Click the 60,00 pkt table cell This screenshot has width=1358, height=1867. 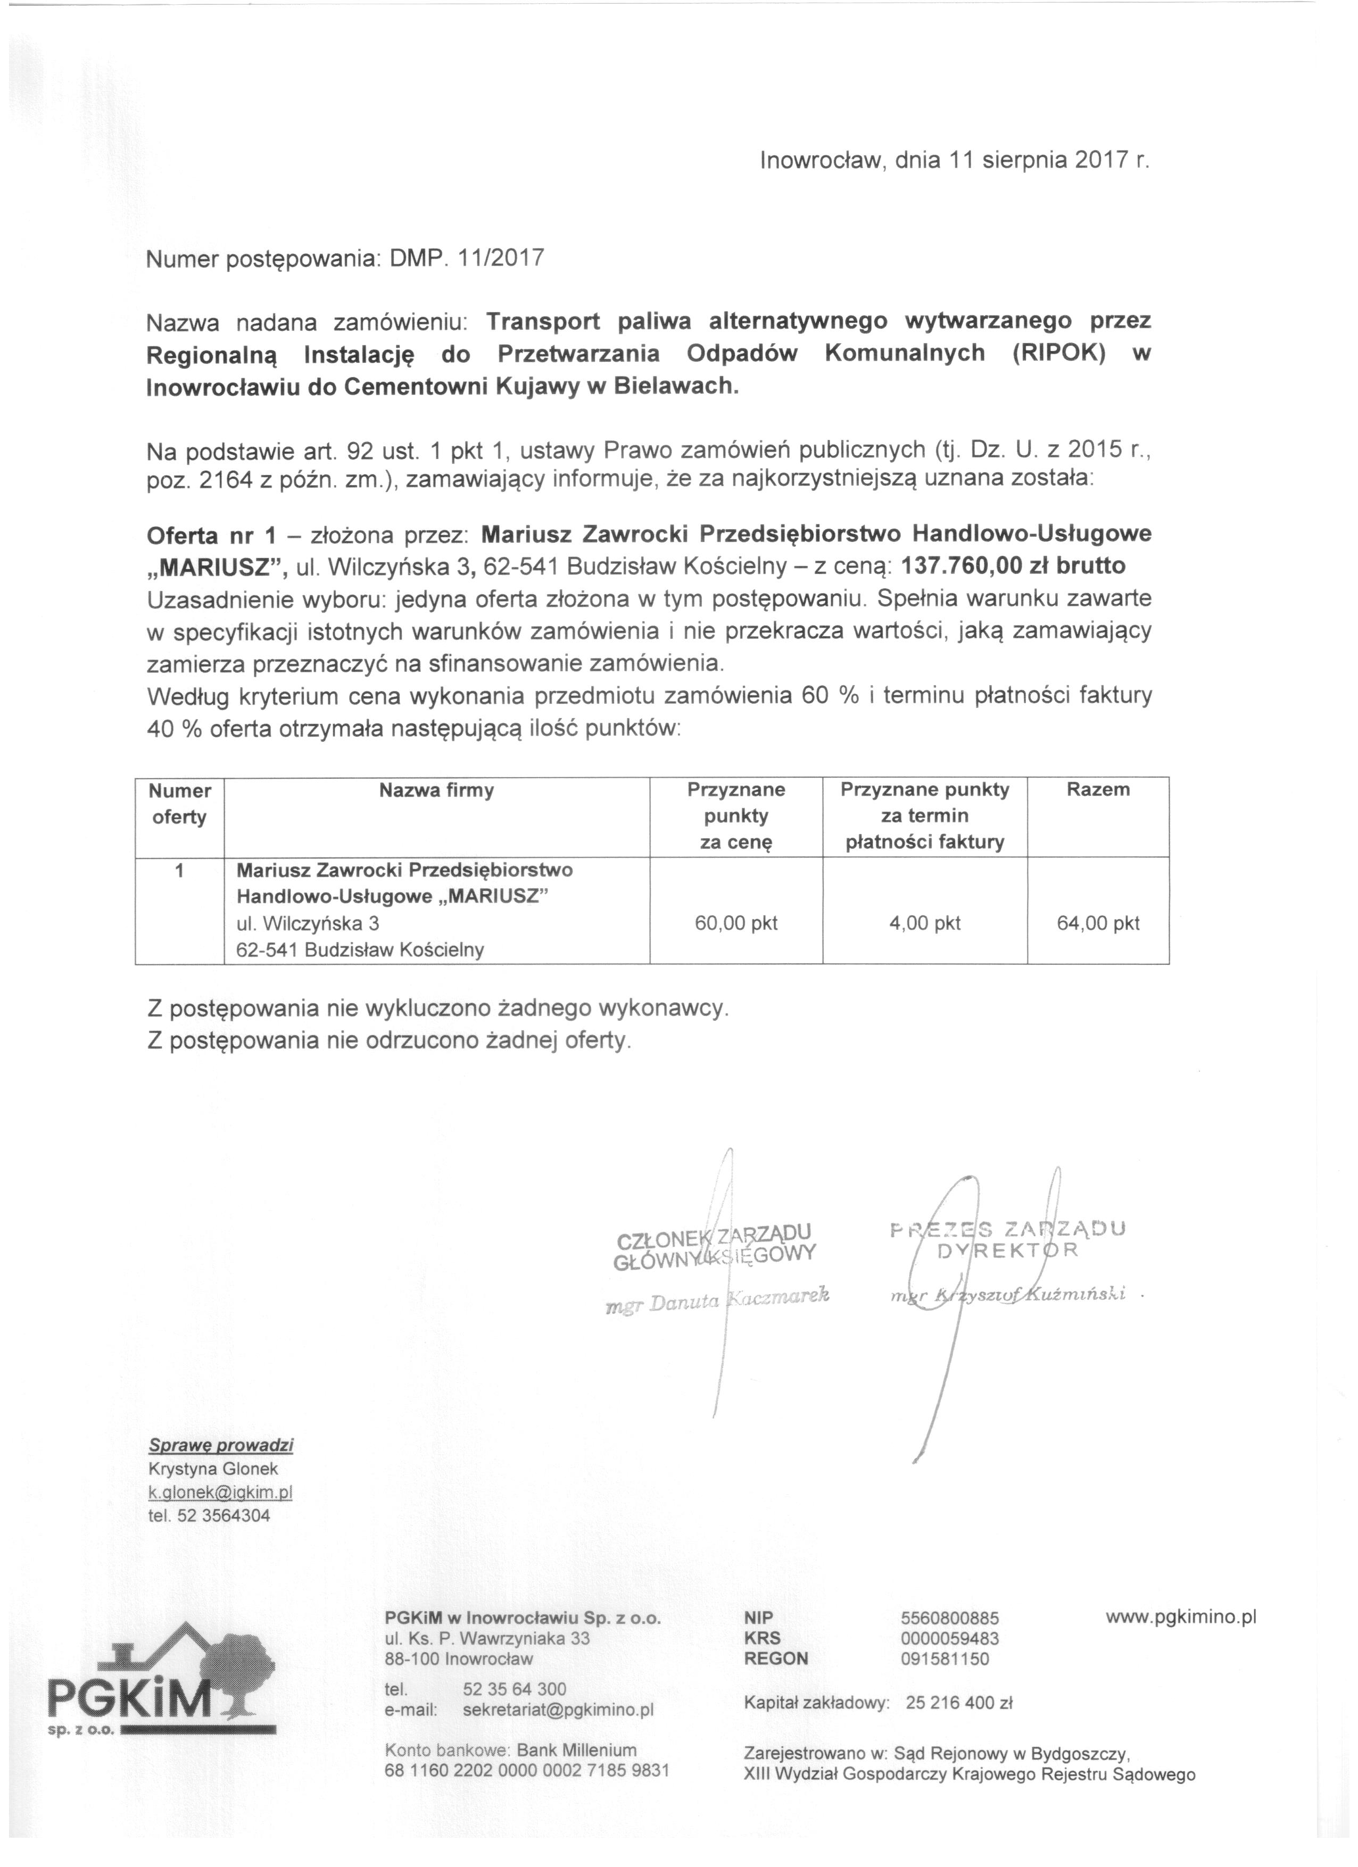coord(735,923)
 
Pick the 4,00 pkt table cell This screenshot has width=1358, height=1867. coord(924,923)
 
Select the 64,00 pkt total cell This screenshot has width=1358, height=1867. coord(1098,923)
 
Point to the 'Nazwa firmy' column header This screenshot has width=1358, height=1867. coord(436,791)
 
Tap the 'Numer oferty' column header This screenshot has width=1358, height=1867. coord(179,804)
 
